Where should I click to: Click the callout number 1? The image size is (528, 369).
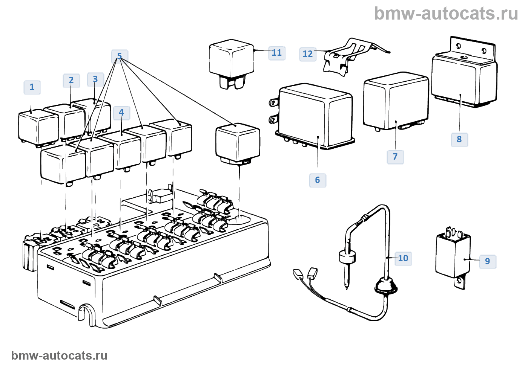tap(32, 87)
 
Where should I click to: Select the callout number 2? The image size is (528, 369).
tap(71, 80)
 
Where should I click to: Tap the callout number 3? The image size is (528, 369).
tap(95, 79)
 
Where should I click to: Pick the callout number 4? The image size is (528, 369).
tap(121, 113)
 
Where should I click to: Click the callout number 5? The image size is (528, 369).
tap(120, 56)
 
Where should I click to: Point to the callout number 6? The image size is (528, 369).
tap(318, 180)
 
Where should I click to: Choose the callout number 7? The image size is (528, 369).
tap(395, 157)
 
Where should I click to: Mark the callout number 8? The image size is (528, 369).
tap(459, 139)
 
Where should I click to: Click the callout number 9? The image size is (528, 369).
tap(488, 261)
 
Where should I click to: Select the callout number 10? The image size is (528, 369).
tap(403, 258)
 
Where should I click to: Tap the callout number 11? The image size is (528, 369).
tap(277, 53)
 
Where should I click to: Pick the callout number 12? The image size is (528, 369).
tap(308, 54)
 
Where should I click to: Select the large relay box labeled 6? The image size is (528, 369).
tap(315, 117)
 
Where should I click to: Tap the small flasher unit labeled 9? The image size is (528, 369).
tap(453, 256)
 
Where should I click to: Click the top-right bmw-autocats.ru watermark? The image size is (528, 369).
tap(446, 14)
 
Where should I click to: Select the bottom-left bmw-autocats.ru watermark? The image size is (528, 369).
tap(59, 355)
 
